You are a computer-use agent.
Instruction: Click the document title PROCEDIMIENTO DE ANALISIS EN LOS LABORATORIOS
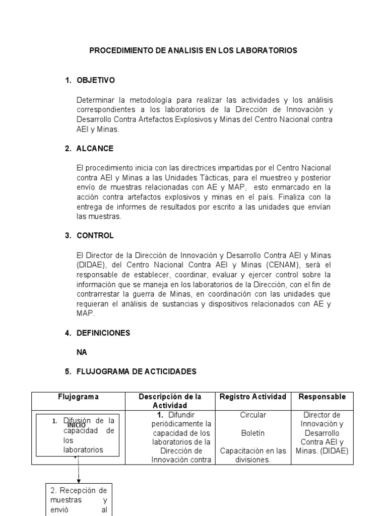[x=193, y=50]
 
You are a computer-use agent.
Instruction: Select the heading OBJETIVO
[x=96, y=80]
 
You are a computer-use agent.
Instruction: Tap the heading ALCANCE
[x=95, y=149]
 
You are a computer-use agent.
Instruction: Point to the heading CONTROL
[x=95, y=235]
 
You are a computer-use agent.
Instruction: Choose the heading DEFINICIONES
[x=103, y=333]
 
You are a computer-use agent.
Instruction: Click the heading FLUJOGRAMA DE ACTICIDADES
[x=136, y=371]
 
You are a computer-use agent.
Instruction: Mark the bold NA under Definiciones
[x=82, y=352]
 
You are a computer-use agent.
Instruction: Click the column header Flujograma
[x=78, y=397]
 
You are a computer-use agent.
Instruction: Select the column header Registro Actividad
[x=253, y=397]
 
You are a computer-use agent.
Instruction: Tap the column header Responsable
[x=322, y=397]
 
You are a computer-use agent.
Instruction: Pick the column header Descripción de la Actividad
[x=170, y=401]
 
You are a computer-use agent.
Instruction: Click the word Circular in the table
[x=253, y=415]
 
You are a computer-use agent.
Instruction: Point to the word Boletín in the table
[x=253, y=433]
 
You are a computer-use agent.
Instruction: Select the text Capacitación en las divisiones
[x=253, y=455]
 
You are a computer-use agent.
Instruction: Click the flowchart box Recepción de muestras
[x=79, y=499]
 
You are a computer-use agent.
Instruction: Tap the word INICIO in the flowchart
[x=77, y=425]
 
